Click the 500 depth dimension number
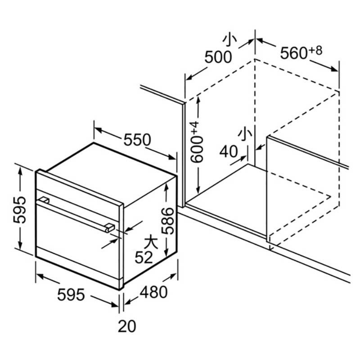(x=218, y=58)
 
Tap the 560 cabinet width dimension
(x=294, y=53)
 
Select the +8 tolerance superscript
(x=315, y=50)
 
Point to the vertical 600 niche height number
(x=197, y=149)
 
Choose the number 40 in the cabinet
(x=229, y=152)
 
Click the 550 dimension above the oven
(x=137, y=139)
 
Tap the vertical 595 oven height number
(x=19, y=209)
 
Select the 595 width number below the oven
(x=71, y=295)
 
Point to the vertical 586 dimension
(x=167, y=221)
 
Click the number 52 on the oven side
(x=144, y=257)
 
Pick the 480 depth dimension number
(x=153, y=292)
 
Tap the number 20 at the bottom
(x=127, y=326)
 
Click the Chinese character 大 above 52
(x=151, y=243)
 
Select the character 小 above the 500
(x=229, y=41)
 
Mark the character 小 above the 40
(x=245, y=135)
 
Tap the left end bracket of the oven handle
(x=44, y=200)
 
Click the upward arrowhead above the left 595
(x=20, y=171)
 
